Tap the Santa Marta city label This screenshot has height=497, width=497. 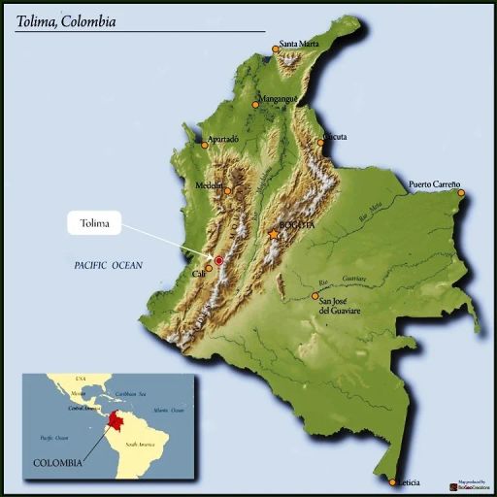coord(300,44)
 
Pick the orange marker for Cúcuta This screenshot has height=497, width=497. coord(321,142)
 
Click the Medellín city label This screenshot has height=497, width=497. coord(209,184)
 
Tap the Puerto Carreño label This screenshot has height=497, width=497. coord(434,184)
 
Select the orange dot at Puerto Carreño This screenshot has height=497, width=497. coord(461,193)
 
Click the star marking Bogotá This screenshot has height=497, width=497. coord(273,234)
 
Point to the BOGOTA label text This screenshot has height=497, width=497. coord(297,225)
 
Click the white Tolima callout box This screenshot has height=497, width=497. coord(101,224)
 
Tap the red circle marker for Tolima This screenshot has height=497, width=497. coord(219,260)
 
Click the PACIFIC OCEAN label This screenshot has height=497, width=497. coord(108,265)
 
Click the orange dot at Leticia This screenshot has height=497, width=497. coord(392,482)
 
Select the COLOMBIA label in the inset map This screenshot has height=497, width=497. coord(58,463)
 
